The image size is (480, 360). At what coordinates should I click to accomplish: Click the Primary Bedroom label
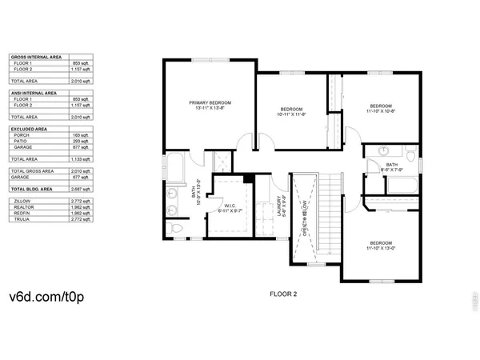pyautogui.click(x=209, y=103)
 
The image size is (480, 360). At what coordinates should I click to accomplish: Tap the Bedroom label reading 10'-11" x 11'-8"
pyautogui.click(x=292, y=109)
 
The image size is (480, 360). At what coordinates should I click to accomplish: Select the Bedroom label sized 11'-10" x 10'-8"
pyautogui.click(x=380, y=106)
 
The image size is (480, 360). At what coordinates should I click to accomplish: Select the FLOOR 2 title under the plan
pyautogui.click(x=283, y=294)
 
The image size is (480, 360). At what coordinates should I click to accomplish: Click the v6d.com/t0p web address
pyautogui.click(x=41, y=297)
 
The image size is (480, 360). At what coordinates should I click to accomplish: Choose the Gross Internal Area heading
pyautogui.click(x=34, y=58)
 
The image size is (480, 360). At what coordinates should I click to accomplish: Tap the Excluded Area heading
pyautogui.click(x=28, y=128)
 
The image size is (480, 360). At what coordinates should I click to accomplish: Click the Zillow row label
pyautogui.click(x=21, y=199)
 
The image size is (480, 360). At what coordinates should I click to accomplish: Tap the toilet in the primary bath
pyautogui.click(x=178, y=230)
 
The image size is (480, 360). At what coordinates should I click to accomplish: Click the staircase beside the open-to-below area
pyautogui.click(x=329, y=216)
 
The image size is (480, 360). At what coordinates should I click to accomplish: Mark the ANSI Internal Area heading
pyautogui.click(x=33, y=93)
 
